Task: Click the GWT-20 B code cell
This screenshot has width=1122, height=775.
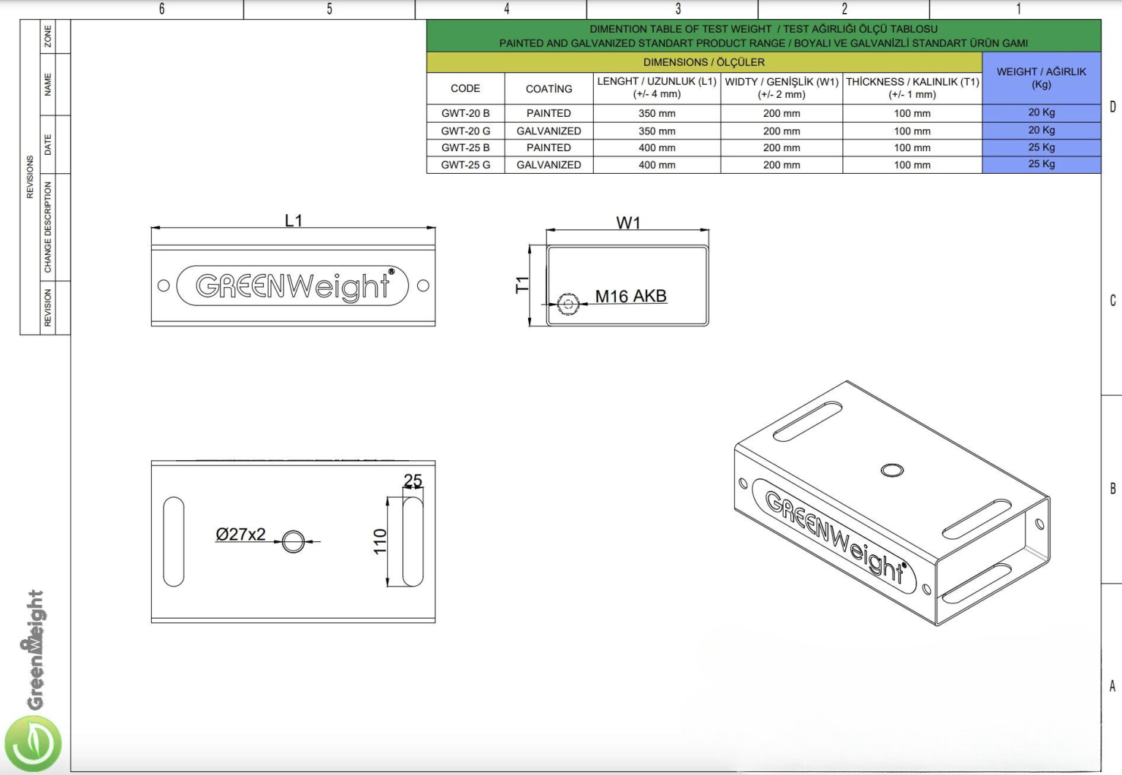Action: coord(465,113)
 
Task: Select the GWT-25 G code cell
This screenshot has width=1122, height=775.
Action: coord(465,165)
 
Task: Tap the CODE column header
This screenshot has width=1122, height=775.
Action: coord(465,88)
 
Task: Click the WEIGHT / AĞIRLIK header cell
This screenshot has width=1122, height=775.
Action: coord(1041,77)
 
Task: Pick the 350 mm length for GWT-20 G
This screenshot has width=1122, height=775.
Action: coord(657,131)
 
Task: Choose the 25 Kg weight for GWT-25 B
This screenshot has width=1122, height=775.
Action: coord(1041,147)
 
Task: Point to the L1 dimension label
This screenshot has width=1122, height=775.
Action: coord(294,221)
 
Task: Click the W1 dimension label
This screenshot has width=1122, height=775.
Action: coord(628,223)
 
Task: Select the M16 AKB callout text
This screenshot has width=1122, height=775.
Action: coord(630,297)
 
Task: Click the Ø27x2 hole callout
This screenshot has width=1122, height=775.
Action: coord(240,535)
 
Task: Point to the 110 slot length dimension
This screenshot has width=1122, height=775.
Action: coord(380,541)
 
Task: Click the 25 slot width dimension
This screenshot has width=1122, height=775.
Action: coord(413,481)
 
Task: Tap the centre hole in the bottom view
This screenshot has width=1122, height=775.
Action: coord(294,541)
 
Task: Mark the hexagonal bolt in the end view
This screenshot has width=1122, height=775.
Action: coord(568,303)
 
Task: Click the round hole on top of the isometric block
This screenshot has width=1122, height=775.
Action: coord(892,470)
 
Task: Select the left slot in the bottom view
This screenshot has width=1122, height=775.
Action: coord(174,541)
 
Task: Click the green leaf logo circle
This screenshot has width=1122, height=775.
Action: coord(33,744)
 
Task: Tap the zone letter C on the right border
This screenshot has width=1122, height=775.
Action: coord(1113,300)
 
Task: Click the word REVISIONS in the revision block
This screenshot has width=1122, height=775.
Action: coord(30,177)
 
